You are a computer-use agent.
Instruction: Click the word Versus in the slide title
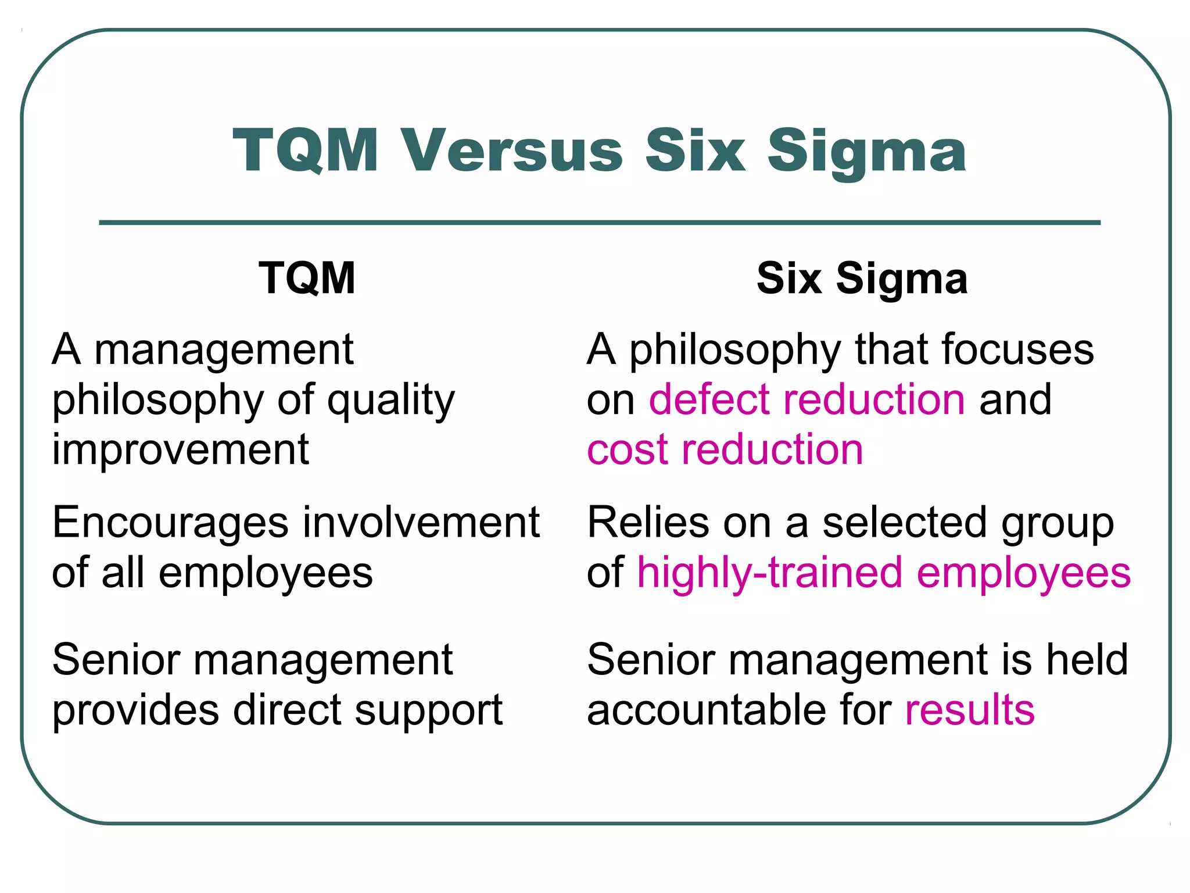[x=512, y=151]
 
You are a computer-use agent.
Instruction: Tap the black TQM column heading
[x=307, y=278]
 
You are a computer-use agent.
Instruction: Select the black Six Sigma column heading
[x=862, y=278]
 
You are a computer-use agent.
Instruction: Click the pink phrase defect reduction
[x=807, y=399]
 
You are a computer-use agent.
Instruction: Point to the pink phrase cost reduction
[x=725, y=449]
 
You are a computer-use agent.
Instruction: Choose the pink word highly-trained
[x=770, y=573]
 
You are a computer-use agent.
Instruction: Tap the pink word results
[x=970, y=710]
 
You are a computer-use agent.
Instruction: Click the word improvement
[x=180, y=449]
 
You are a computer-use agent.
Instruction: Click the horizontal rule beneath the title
[x=600, y=222]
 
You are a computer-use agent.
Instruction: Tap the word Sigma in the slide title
[x=866, y=152]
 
